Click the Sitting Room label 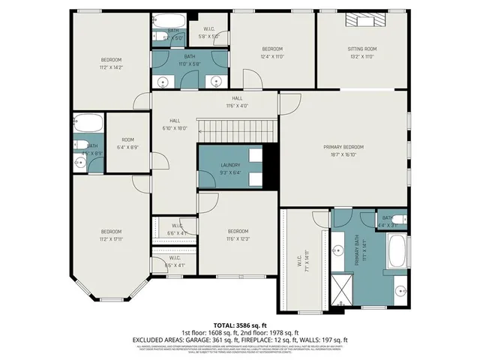pyautogui.click(x=361, y=49)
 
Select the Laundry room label pyautogui.click(x=229, y=165)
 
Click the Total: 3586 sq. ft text pyautogui.click(x=239, y=325)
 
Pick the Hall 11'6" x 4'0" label pyautogui.click(x=237, y=102)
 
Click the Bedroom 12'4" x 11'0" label pyautogui.click(x=272, y=52)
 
